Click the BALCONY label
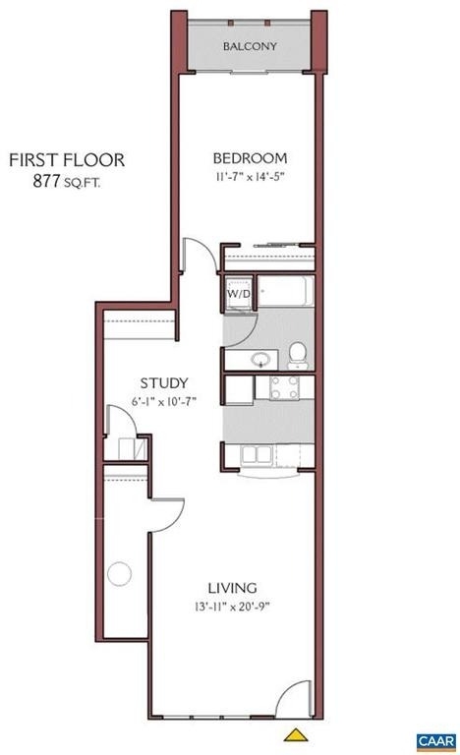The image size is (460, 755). pos(250,46)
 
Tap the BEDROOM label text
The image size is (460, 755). pos(250,158)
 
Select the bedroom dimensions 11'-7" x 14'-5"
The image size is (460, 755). pos(250,177)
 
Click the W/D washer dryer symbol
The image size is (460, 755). pos(239,293)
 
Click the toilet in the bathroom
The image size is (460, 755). pos(298,355)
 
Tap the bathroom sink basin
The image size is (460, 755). pos(261,359)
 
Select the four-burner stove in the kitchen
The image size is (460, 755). pos(284,387)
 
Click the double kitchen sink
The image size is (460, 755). pos(257,454)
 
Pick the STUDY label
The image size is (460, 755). pos(164,383)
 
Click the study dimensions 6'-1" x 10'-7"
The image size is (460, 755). pos(164,401)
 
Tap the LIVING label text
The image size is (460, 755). pos(232,588)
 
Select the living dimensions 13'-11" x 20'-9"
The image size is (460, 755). pos(232,607)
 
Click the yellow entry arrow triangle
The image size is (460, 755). pos(295,734)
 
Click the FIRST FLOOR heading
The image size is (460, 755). pos(67,160)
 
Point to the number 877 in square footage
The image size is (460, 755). pos(46,181)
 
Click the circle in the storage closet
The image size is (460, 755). pos(120,574)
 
